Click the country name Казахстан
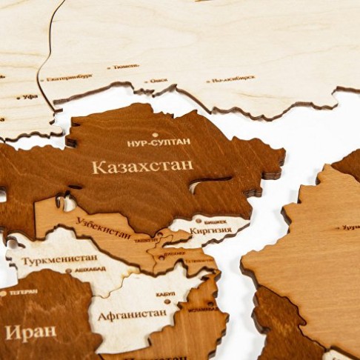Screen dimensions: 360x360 [142, 166]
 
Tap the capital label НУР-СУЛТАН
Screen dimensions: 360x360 [159, 142]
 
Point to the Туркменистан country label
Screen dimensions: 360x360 [59, 261]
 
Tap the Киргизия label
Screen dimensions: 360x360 [210, 230]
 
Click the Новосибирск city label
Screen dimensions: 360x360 [233, 79]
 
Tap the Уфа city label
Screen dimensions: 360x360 [30, 96]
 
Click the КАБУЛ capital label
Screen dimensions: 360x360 [165, 294]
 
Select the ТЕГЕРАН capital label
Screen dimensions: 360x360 [22, 292]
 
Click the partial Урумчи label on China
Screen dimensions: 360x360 [350, 227]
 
